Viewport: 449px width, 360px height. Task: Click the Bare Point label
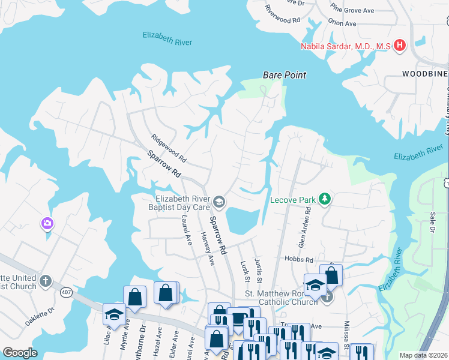tap(285, 75)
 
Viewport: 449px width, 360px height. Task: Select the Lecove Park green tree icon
tap(325, 199)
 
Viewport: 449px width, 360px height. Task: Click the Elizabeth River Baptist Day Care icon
tap(219, 203)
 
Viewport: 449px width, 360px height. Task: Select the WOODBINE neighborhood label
tap(425, 73)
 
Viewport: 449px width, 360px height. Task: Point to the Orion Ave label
tap(342, 24)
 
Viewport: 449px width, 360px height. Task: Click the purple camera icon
tap(47, 224)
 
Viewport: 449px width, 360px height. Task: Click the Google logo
tap(20, 352)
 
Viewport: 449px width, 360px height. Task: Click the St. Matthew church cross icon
tap(327, 297)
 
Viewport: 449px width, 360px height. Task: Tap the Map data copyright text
tap(423, 355)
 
